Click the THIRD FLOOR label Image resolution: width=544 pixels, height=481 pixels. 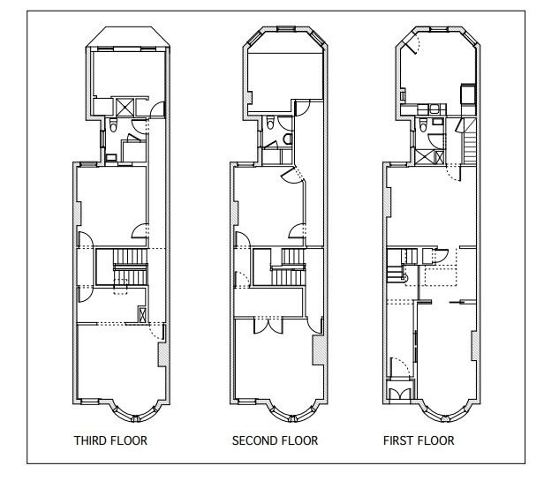110,440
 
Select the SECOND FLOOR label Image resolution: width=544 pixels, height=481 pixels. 275,440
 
